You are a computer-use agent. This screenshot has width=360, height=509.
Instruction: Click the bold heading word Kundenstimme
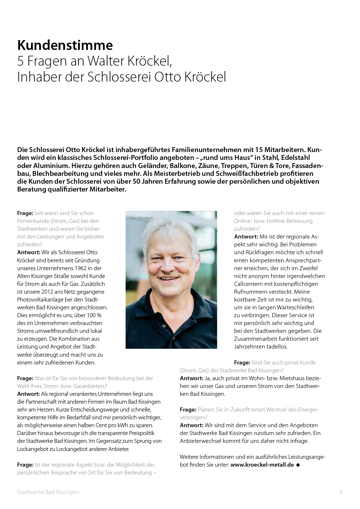click(65, 45)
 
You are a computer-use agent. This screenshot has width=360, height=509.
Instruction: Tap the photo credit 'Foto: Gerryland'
click(141, 218)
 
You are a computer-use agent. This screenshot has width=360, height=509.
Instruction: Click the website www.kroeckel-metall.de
click(262, 465)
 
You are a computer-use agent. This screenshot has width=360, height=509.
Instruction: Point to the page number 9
click(341, 492)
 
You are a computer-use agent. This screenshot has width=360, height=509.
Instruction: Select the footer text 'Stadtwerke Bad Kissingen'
click(48, 492)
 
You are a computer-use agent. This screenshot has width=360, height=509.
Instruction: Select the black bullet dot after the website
click(298, 465)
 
